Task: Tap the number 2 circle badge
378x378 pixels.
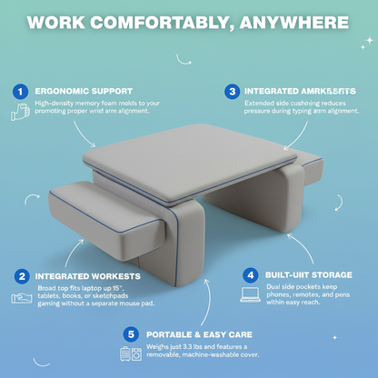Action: pyautogui.click(x=20, y=275)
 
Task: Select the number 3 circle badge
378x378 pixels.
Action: pyautogui.click(x=233, y=92)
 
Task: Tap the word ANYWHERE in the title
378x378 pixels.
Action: pyautogui.click(x=294, y=21)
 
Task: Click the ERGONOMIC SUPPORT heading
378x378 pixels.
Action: pyautogui.click(x=84, y=92)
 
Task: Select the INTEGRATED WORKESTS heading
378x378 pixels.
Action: pyautogui.click(x=89, y=275)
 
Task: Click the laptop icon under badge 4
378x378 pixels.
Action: pyautogui.click(x=250, y=294)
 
